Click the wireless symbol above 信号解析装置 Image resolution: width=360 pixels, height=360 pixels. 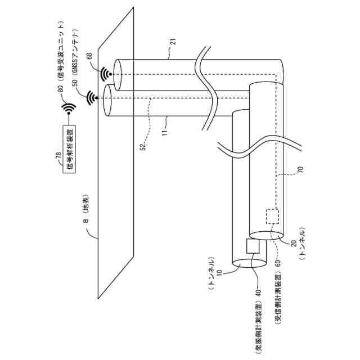pos(69,108)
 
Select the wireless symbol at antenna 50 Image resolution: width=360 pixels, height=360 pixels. pos(92,99)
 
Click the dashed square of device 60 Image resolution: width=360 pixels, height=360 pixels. pos(273,217)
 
